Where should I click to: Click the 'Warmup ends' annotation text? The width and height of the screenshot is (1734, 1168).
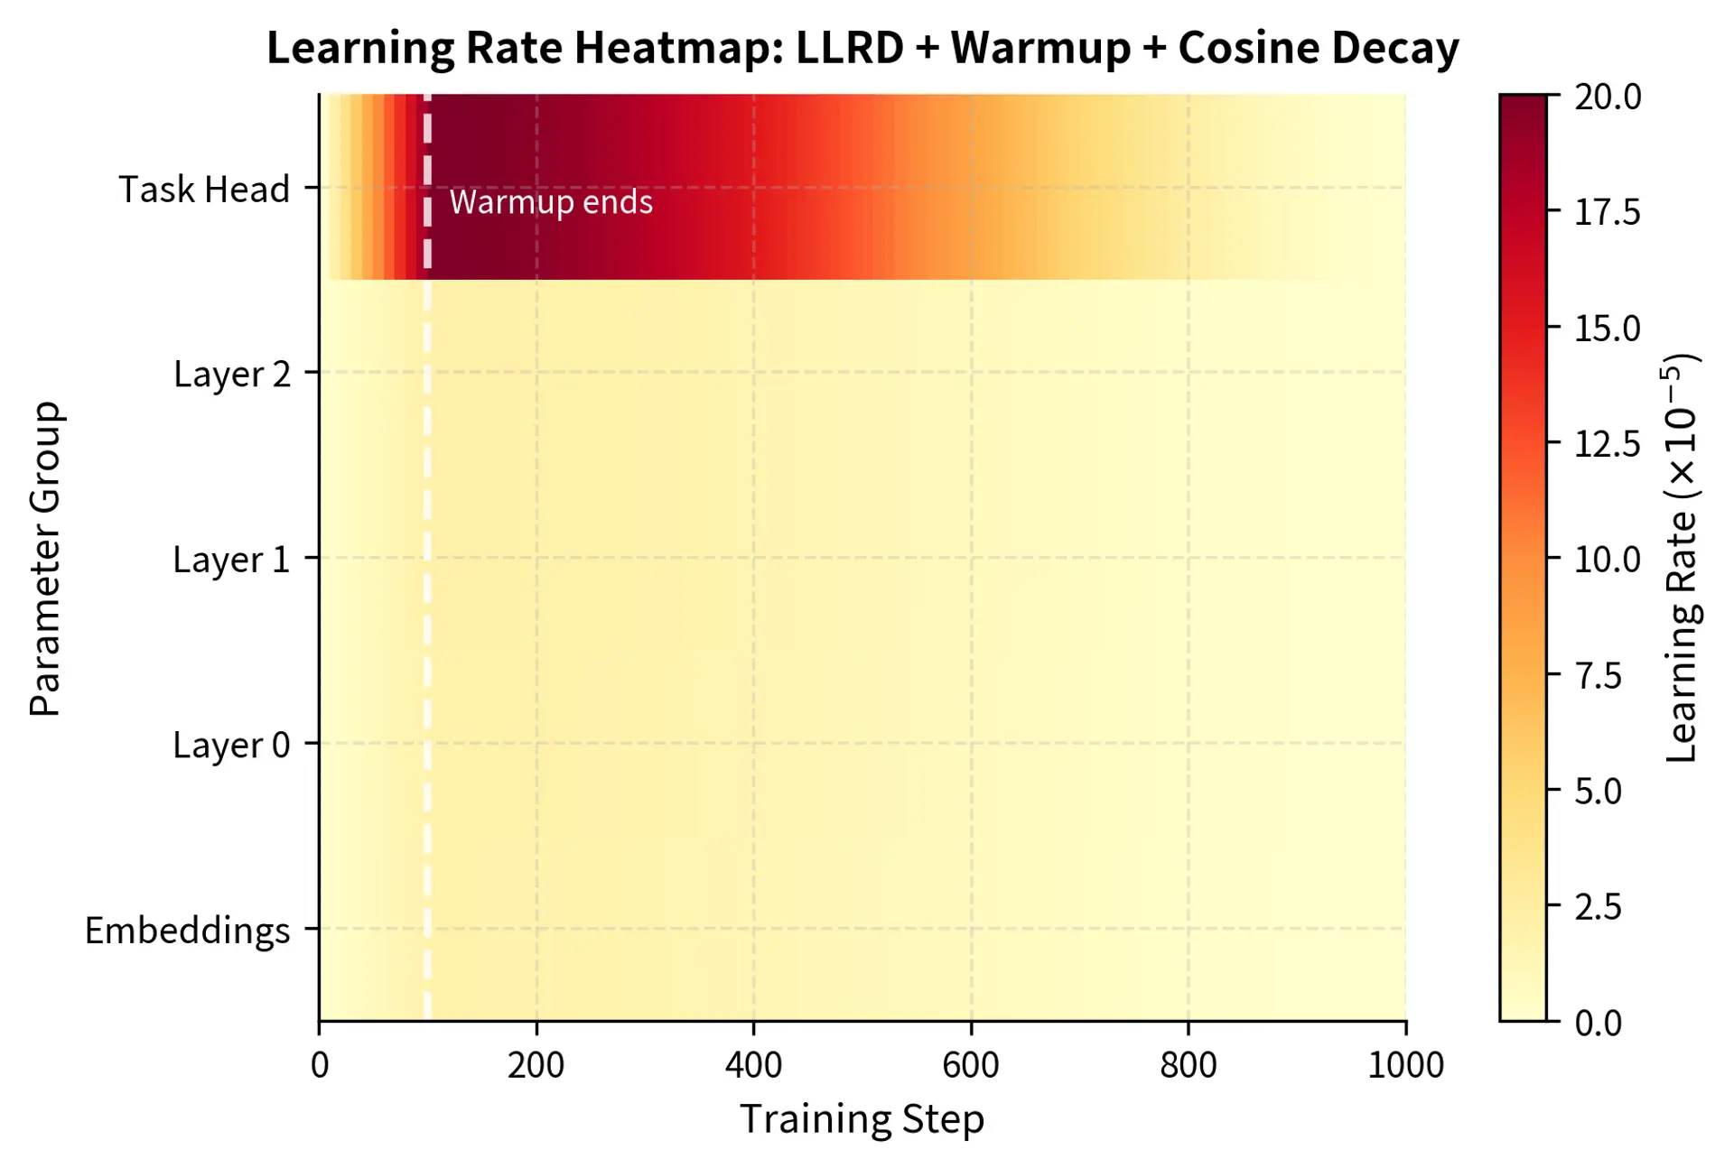coord(551,202)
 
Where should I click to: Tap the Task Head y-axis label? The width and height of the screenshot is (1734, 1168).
coord(204,190)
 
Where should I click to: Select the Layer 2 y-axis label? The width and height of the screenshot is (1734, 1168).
coord(232,374)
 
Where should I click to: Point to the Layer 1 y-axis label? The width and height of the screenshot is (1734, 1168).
coord(231,560)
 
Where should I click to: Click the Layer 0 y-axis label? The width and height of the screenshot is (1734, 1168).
coord(231,746)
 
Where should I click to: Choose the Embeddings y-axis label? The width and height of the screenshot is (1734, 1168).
coord(187,931)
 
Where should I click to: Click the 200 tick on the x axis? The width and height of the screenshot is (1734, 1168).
coord(536,1066)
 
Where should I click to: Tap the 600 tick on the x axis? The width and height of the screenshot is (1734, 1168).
coord(971,1066)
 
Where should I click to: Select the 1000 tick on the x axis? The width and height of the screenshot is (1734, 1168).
coord(1405,1066)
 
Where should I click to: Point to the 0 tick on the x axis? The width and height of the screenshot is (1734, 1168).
coord(320,1066)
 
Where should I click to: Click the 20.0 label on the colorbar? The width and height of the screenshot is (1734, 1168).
coord(1608,97)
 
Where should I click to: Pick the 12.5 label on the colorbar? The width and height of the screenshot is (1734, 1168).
coord(1608,444)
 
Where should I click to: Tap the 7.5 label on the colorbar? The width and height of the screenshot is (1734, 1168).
coord(1599,676)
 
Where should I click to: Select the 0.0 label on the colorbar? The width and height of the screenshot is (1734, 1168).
coord(1599,1024)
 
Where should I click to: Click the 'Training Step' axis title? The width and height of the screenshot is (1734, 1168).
coord(862,1119)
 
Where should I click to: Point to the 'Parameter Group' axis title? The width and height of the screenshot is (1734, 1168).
coord(45,559)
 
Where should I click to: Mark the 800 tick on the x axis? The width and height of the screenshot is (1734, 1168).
coord(1189,1066)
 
